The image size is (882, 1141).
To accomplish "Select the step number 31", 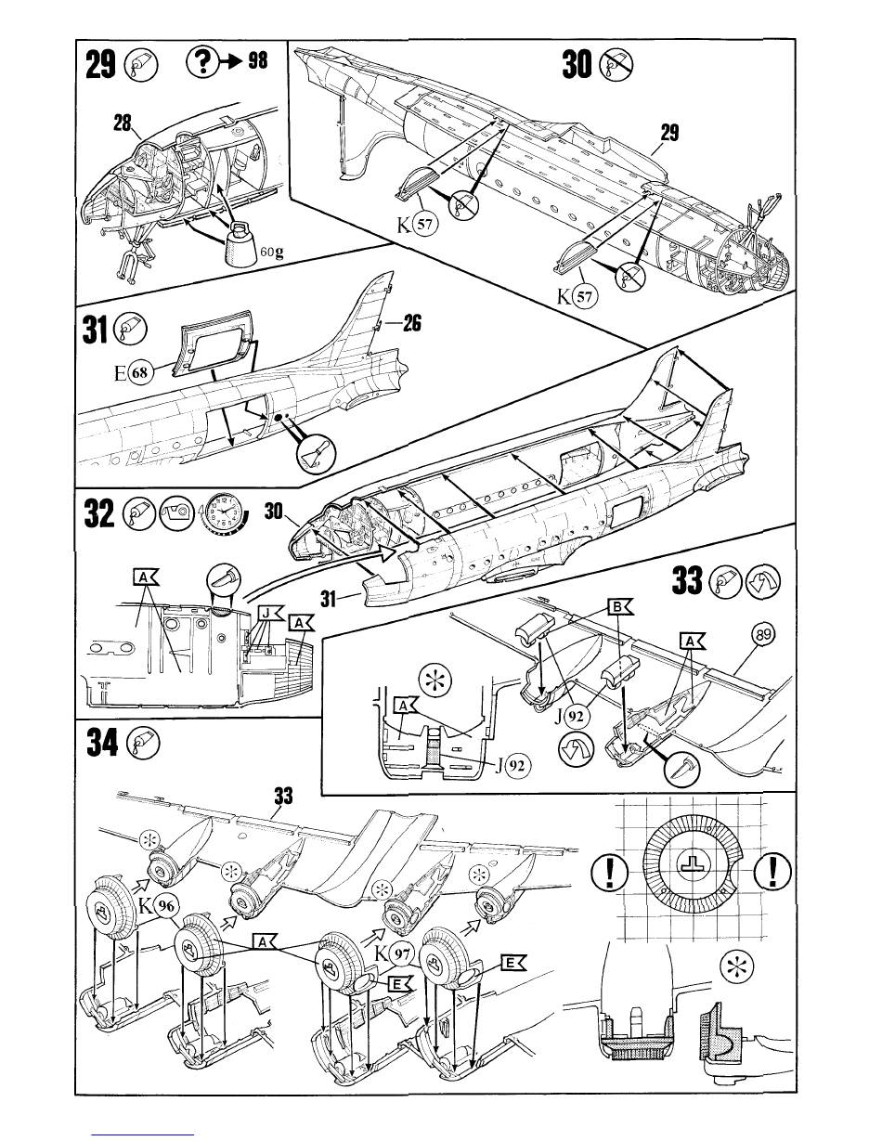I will (x=95, y=330).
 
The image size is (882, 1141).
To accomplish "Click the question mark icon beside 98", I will (x=201, y=63).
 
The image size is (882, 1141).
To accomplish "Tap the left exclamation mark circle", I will (x=608, y=870).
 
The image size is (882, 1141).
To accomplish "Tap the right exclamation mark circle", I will (x=773, y=870).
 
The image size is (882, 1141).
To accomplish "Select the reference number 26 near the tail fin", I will (x=413, y=324).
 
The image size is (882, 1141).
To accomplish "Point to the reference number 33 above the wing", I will (x=284, y=797).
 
